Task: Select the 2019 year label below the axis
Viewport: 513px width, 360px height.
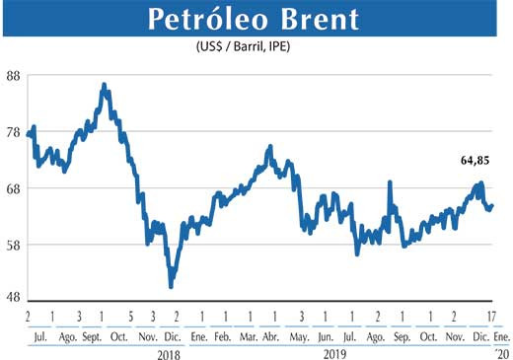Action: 339,353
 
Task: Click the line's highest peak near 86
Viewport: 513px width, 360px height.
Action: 105,85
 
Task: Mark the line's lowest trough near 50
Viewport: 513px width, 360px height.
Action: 172,286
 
